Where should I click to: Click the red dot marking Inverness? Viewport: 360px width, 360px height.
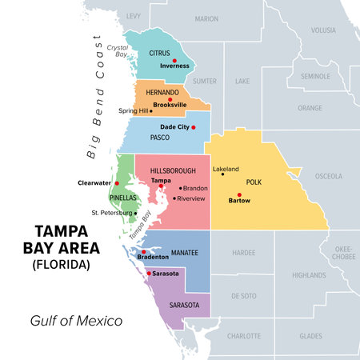pyautogui.click(x=174, y=61)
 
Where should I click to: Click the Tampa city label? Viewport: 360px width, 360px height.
pyautogui.click(x=162, y=181)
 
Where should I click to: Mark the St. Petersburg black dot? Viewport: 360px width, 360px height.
pyautogui.click(x=135, y=213)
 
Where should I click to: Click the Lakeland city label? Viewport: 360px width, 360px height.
pyautogui.click(x=225, y=170)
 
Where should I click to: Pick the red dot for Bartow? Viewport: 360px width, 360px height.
pyautogui.click(x=238, y=195)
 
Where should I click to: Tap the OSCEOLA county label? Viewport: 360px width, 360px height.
pyautogui.click(x=329, y=176)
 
